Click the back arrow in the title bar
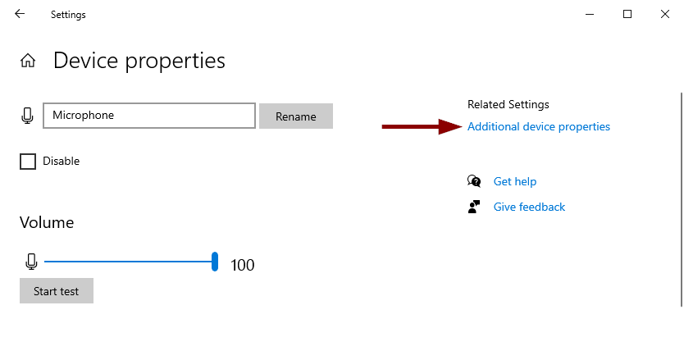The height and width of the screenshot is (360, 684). [20, 14]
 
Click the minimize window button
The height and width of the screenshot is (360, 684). [590, 15]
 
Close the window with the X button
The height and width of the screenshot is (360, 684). [665, 14]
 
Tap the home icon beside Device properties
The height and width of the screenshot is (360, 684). [28, 60]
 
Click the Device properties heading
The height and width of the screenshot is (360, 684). [139, 61]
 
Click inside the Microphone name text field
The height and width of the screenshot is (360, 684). [149, 116]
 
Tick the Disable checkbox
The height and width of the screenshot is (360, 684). [28, 161]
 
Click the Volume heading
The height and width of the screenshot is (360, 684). [47, 222]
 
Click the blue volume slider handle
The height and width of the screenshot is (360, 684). [215, 262]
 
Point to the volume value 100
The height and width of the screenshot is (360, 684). [243, 266]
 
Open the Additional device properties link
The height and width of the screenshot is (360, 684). [539, 126]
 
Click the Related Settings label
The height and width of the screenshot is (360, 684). [508, 105]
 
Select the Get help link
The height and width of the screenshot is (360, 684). [515, 181]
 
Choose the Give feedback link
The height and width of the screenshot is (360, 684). [529, 207]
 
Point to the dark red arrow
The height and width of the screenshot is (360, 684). [422, 126]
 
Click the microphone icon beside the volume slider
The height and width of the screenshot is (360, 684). [31, 262]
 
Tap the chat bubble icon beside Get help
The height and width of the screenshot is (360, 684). [474, 181]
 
